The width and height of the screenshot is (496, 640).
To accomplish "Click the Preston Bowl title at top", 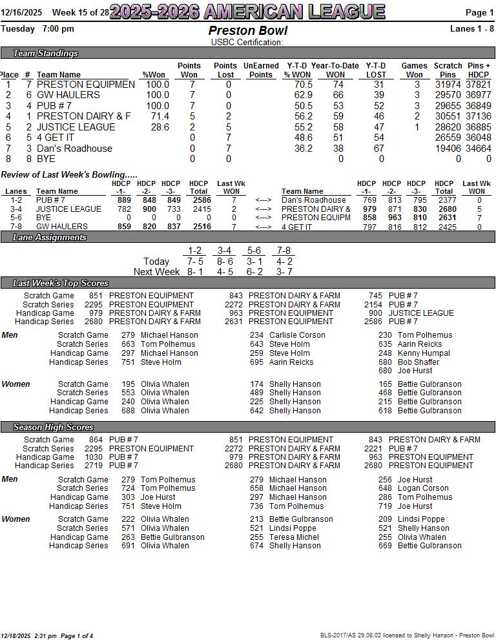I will (x=247, y=31).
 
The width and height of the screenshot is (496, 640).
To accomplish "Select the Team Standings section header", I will (x=45, y=54).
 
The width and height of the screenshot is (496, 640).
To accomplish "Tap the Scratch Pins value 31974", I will (x=448, y=85).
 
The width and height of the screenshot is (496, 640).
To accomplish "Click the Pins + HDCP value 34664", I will (x=479, y=149).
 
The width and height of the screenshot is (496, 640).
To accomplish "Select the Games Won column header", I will (x=414, y=70).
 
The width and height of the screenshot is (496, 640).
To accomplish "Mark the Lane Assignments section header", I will (x=49, y=238).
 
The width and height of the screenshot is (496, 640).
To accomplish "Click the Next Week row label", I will (x=156, y=272).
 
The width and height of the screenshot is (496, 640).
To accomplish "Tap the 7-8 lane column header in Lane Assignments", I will (x=284, y=251).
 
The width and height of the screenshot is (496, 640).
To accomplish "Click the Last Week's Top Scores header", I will (x=60, y=284).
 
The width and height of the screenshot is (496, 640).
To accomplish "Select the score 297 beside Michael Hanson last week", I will (x=128, y=353).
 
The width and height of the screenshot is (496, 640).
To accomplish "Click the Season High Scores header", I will (x=53, y=428).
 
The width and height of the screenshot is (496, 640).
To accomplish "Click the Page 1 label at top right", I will (x=479, y=13).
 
